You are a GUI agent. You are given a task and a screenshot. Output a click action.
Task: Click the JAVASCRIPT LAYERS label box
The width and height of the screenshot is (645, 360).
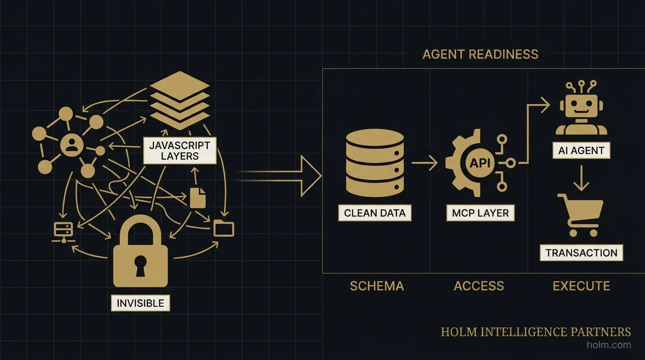pyautogui.click(x=180, y=150)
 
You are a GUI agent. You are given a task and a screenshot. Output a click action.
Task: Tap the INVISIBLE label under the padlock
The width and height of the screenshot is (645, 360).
pyautogui.click(x=140, y=303)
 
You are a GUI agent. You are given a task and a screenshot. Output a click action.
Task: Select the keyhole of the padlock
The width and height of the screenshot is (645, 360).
pyautogui.click(x=140, y=265)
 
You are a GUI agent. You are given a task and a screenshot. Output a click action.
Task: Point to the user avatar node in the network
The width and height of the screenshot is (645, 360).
pyautogui.click(x=72, y=145)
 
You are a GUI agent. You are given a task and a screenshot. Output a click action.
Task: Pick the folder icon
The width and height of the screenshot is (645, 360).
pyautogui.click(x=224, y=228)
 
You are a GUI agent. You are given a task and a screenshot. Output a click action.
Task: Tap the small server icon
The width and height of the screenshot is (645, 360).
pyautogui.click(x=61, y=231)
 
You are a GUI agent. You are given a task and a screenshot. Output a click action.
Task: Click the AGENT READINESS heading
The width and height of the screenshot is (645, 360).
pyautogui.click(x=480, y=54)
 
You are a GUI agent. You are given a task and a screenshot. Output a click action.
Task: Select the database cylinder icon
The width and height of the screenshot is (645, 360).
pyautogui.click(x=375, y=163)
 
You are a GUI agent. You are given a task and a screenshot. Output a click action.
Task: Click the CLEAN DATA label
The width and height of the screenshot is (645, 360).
pyautogui.click(x=375, y=213)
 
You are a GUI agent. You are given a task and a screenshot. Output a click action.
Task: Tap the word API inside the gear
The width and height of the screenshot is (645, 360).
pyautogui.click(x=480, y=163)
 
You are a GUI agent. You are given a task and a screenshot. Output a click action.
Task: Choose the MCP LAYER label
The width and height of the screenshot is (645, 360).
pyautogui.click(x=480, y=213)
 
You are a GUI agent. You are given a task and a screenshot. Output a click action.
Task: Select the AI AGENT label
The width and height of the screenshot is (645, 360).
pyautogui.click(x=581, y=151)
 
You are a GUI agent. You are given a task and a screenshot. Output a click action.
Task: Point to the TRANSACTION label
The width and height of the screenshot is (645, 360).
pyautogui.click(x=581, y=253)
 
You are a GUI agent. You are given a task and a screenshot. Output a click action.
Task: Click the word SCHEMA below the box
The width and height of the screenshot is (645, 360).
pyautogui.click(x=376, y=286)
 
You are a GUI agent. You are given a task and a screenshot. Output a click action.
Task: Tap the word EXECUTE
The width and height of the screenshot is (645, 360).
pyautogui.click(x=581, y=286)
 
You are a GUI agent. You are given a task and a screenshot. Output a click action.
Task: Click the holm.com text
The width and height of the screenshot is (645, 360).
pyautogui.click(x=608, y=345)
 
